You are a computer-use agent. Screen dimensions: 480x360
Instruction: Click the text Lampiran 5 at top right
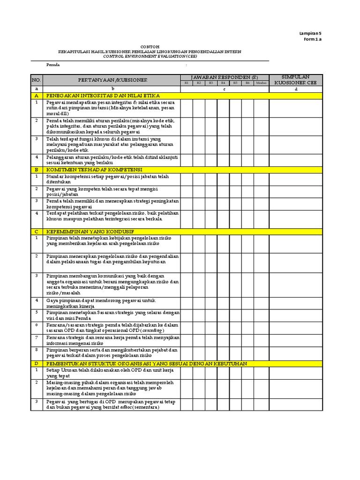310,33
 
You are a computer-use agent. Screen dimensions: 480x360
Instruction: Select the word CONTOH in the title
150,46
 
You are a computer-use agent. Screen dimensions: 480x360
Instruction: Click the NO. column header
37,80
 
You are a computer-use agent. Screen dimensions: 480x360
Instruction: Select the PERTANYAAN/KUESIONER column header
112,80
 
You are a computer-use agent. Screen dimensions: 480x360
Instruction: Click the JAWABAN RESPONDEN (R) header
224,77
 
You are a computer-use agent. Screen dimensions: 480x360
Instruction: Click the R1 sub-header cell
186,83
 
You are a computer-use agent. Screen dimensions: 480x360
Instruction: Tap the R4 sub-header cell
223,83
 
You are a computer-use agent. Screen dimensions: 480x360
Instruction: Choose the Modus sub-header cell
261,83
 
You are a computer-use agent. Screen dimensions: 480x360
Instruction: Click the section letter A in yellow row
37,95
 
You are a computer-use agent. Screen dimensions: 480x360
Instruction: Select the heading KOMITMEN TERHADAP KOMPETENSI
94,169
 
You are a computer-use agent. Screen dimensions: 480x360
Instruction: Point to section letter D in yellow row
37,363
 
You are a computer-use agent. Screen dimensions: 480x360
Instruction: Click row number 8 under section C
37,349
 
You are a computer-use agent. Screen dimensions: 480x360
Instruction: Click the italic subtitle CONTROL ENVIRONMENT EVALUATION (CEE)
150,56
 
